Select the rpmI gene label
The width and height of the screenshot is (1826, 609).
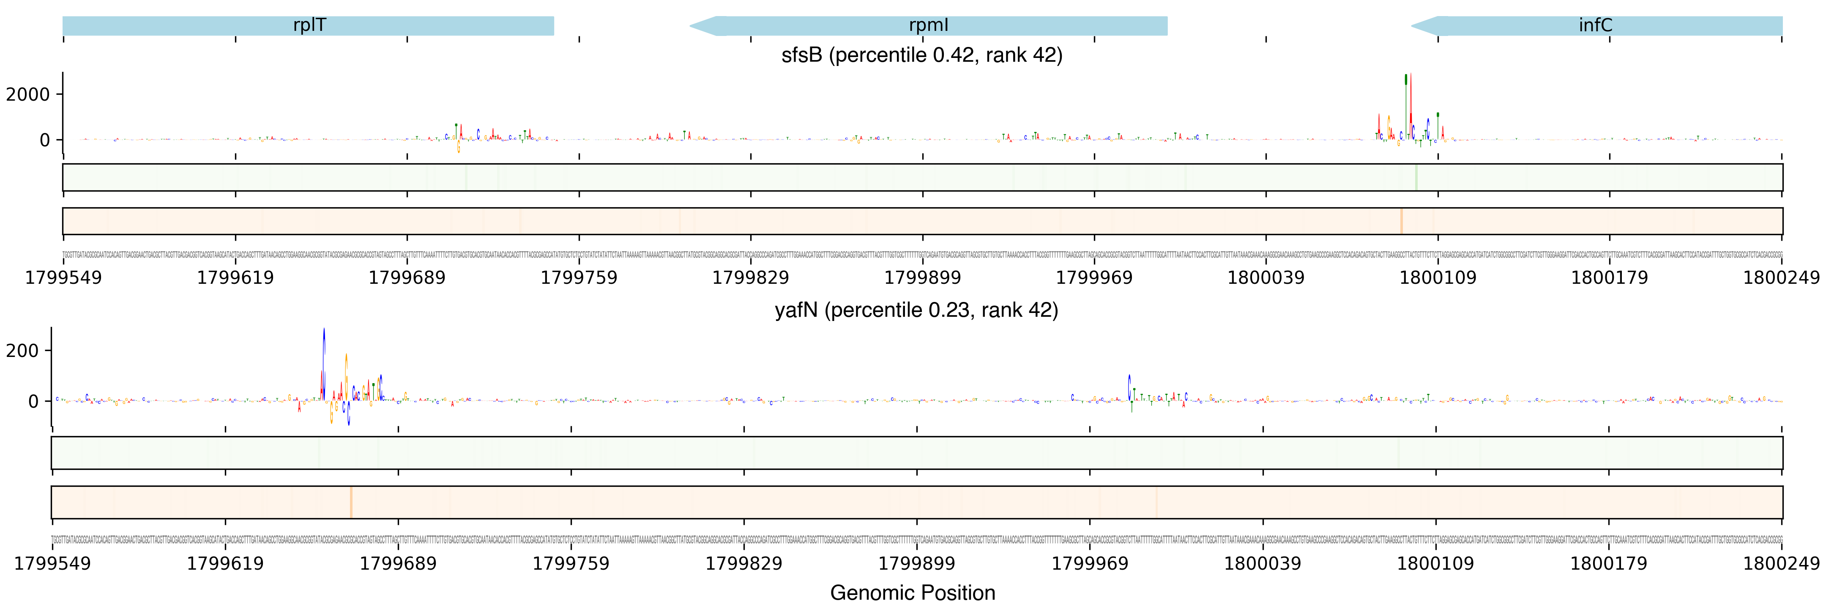pos(928,25)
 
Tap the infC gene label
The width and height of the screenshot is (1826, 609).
pos(1595,25)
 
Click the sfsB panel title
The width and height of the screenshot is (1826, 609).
pos(921,55)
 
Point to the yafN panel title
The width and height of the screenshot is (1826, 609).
pos(916,310)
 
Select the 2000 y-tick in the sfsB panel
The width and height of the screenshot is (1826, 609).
pos(28,94)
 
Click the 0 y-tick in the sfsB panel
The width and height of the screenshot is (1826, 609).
pos(45,140)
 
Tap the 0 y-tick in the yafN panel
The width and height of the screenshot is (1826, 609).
pos(33,401)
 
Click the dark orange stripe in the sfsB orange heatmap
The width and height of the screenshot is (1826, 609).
pos(1401,221)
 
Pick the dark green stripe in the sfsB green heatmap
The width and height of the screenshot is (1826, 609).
pos(1416,177)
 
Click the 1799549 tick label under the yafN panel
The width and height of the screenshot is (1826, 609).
pos(52,564)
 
